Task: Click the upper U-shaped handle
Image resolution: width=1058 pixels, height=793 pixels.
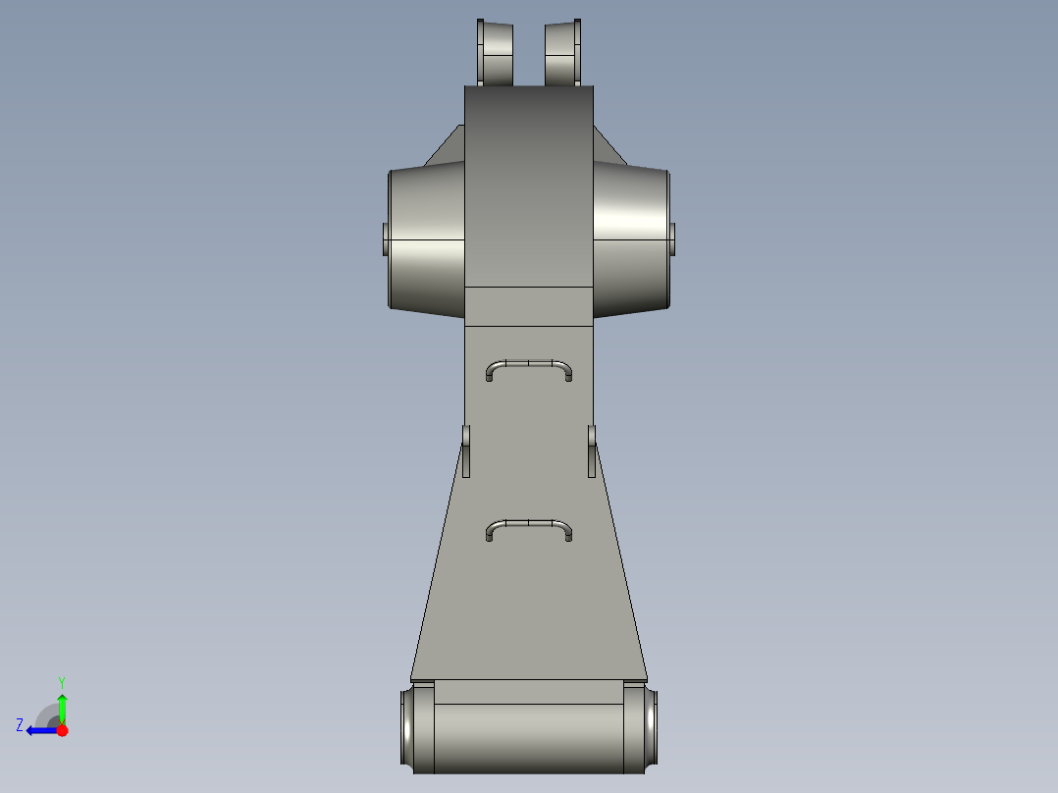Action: coord(529,363)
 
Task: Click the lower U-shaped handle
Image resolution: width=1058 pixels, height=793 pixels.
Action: coord(529,524)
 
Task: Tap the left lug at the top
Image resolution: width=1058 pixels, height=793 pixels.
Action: coord(496,53)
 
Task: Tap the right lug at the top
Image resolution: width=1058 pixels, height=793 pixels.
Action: coord(563,53)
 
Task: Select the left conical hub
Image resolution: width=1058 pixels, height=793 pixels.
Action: coord(427,240)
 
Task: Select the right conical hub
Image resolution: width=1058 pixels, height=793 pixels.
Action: coord(631,240)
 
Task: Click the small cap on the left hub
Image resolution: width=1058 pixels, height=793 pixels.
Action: coord(385,238)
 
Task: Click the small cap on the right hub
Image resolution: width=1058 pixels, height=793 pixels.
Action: coord(673,238)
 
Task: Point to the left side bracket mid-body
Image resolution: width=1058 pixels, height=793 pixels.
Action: coord(466,450)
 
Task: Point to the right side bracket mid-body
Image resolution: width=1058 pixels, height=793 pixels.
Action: coord(592,450)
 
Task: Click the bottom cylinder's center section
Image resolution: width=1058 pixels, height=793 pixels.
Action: coord(529,736)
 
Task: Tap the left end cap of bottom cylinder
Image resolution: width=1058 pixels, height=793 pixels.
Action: coord(417,728)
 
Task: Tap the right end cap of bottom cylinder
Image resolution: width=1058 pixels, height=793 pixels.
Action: coord(641,728)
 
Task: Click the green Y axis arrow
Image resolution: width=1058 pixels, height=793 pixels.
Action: coord(62,707)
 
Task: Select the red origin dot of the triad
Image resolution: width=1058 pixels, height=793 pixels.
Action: coord(62,730)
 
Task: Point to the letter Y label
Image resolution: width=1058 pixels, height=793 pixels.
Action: coord(61,681)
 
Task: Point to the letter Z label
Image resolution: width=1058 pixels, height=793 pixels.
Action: coord(20,725)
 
